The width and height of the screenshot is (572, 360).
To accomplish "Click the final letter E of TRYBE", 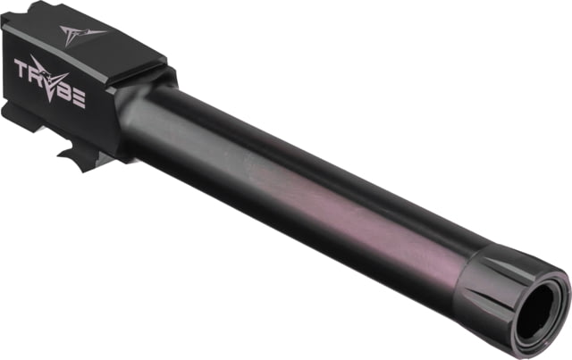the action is click(79, 99).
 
